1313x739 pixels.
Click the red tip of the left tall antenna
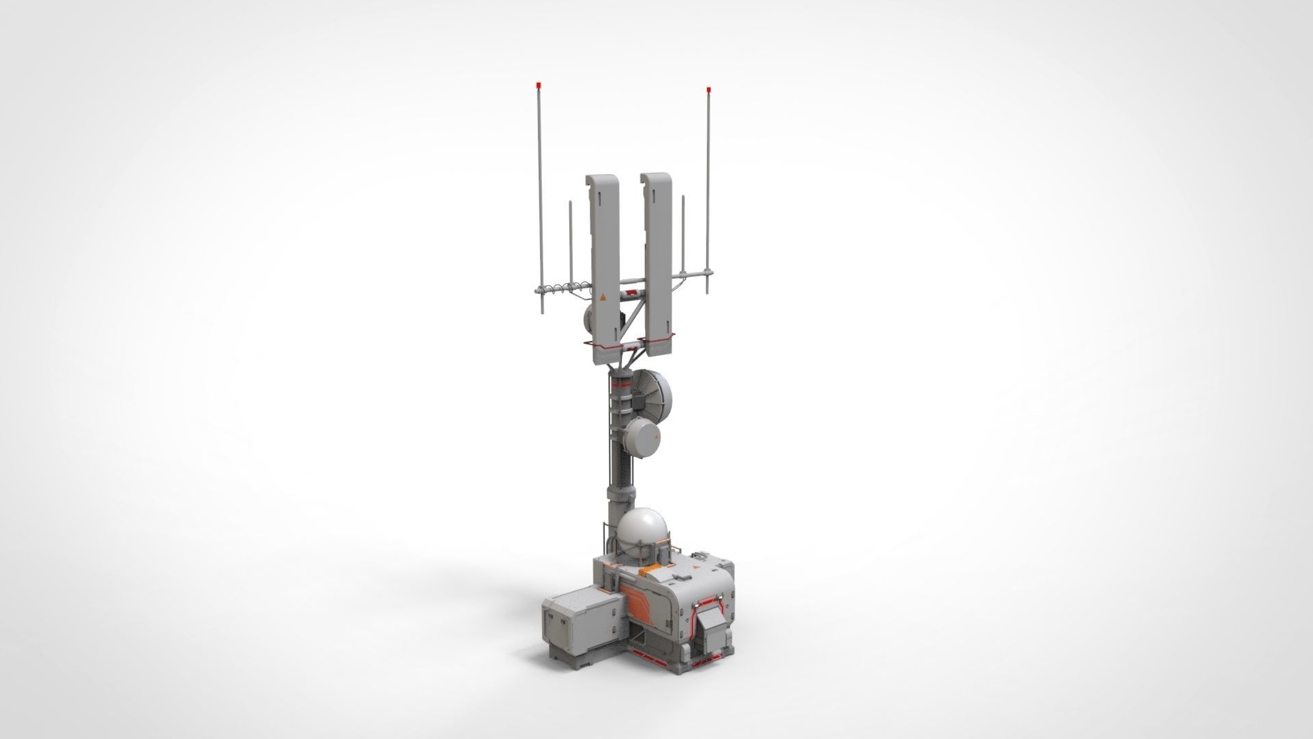539,85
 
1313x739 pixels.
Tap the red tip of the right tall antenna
708,89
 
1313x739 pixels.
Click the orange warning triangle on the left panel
602,299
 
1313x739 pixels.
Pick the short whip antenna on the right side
682,236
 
